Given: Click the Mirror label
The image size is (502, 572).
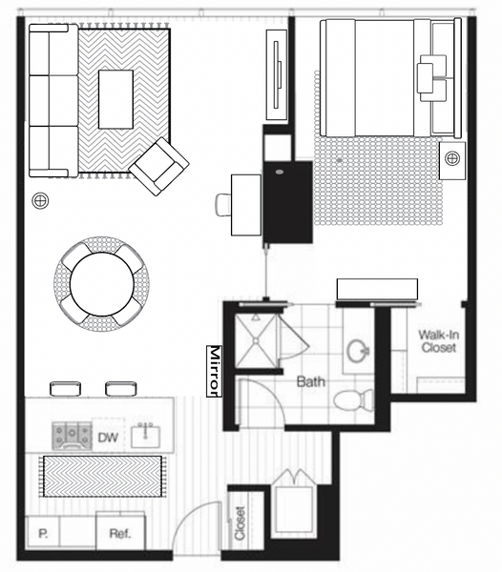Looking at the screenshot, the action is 215,371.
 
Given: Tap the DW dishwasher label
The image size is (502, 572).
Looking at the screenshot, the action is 108,437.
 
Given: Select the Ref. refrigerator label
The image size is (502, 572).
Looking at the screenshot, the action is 120,534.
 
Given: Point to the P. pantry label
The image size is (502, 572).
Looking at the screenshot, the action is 43,534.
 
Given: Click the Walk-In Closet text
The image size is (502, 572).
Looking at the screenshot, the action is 438,341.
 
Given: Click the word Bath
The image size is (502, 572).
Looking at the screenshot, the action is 311,381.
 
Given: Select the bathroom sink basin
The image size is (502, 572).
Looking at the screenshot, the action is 358,351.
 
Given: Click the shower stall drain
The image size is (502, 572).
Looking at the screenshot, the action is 256,341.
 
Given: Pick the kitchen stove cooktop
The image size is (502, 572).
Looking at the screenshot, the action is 72,436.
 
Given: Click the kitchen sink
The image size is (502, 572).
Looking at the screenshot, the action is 145,436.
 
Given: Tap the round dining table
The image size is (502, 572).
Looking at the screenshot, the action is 102,284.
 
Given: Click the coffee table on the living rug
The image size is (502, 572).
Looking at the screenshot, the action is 115,99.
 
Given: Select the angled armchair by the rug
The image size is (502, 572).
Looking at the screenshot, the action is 158,166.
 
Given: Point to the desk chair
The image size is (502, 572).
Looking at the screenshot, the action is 223,205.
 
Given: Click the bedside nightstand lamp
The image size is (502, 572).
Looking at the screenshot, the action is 452,158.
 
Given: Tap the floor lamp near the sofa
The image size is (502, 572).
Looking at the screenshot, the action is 40,200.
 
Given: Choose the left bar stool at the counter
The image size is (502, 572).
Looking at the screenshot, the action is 65,389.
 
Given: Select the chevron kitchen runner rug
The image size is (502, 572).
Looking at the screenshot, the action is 102,476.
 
